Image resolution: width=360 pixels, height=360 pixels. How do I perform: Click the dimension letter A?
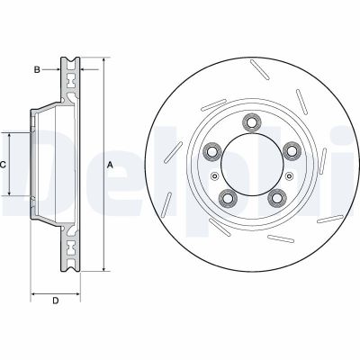(110, 165)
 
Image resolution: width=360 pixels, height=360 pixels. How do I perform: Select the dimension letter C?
(4, 165)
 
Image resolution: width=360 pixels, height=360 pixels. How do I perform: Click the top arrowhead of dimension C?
(10, 133)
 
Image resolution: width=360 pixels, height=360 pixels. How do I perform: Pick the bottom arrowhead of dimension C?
(10, 195)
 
